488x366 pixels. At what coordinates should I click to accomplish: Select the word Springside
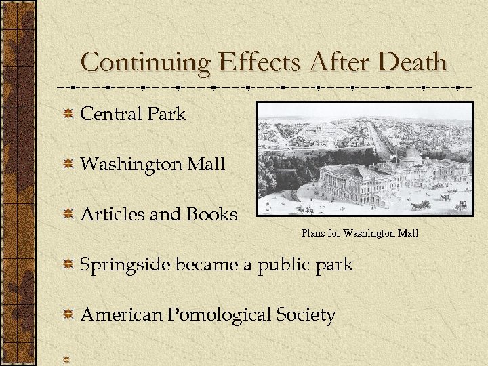(x=125, y=265)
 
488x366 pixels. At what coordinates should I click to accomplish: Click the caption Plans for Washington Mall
(x=360, y=234)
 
